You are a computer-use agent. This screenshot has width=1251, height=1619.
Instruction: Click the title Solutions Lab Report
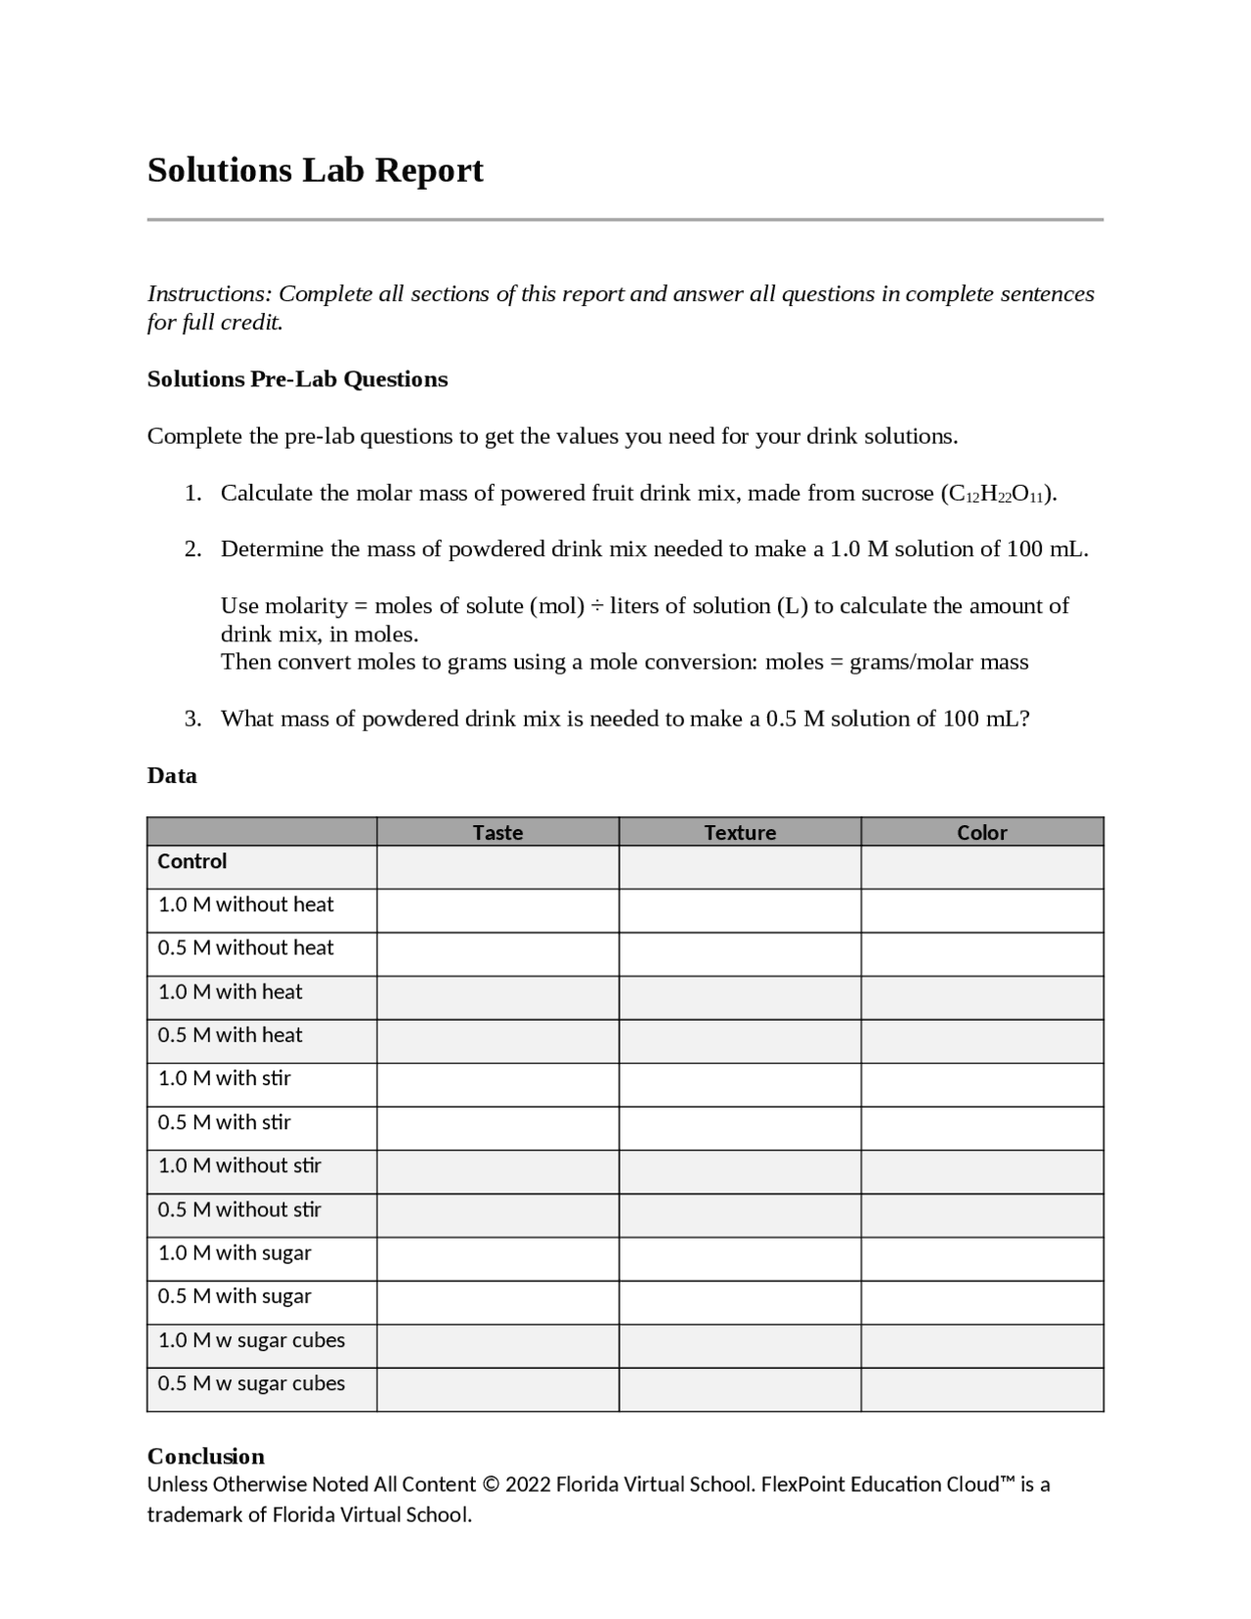[315, 170]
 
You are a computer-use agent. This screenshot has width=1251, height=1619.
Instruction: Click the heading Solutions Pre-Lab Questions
[297, 379]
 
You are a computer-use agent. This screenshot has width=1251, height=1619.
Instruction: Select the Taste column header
[497, 832]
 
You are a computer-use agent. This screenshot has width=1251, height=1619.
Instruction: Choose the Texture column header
[740, 832]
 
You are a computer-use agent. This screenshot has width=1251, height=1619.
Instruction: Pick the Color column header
[982, 832]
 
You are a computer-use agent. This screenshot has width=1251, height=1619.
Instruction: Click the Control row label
[193, 861]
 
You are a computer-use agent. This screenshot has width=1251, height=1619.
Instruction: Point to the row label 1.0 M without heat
[246, 904]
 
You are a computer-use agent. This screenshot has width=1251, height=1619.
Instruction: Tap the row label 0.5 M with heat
[231, 1034]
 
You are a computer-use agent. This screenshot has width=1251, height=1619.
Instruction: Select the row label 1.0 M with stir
[225, 1078]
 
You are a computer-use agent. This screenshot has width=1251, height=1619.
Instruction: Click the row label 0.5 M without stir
[240, 1209]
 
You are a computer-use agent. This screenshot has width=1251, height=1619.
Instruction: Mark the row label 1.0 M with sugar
[235, 1252]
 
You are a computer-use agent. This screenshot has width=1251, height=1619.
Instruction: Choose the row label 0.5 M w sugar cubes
[252, 1383]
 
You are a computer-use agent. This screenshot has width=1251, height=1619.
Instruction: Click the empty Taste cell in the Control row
[497, 867]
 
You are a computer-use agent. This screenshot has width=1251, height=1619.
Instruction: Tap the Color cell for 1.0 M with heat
[982, 997]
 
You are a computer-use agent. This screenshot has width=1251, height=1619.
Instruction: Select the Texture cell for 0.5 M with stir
[740, 1128]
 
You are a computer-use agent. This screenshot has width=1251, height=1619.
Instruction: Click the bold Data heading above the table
[172, 776]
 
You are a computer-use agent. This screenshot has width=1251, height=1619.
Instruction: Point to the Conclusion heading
[206, 1456]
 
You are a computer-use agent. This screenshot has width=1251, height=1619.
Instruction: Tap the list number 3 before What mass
[193, 720]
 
